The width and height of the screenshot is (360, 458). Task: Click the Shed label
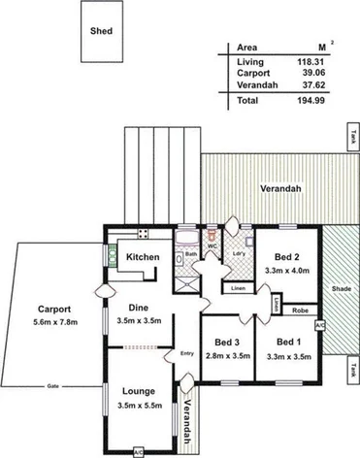(101, 31)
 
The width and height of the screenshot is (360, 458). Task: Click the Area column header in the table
(246, 47)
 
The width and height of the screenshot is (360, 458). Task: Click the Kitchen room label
(143, 256)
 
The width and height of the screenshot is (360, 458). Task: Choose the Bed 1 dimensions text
(287, 355)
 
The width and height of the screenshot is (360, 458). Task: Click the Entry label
(187, 352)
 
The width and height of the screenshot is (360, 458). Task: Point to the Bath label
(191, 254)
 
